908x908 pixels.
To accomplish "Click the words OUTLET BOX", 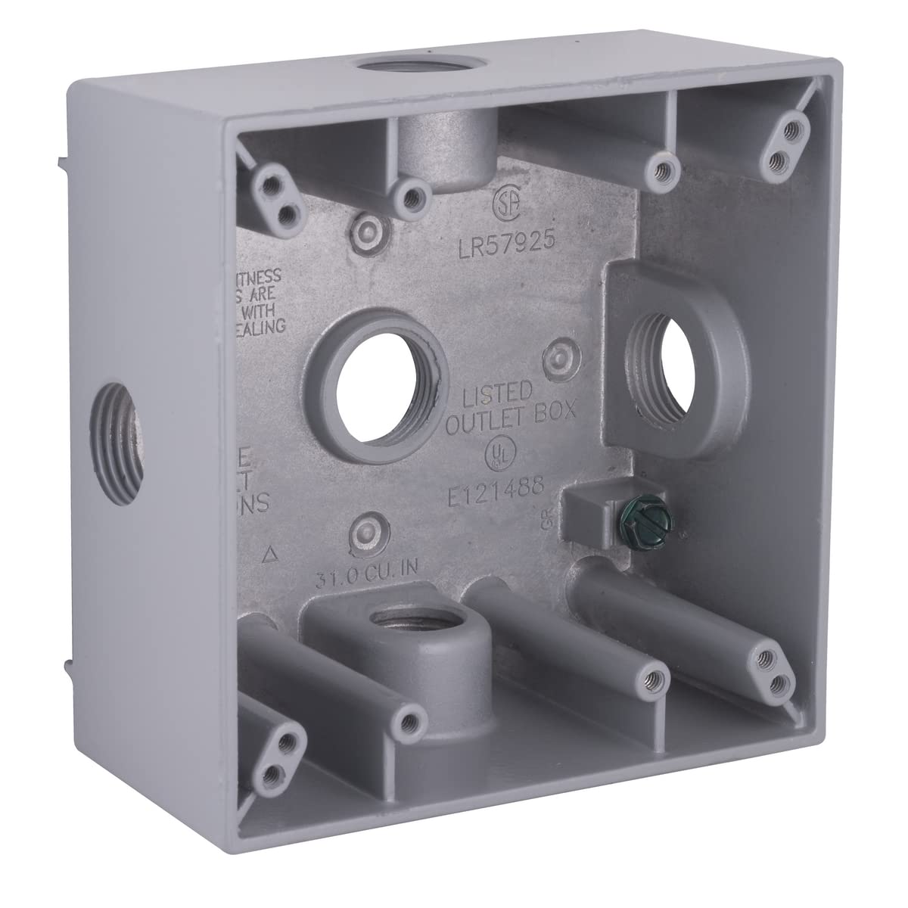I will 512,413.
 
